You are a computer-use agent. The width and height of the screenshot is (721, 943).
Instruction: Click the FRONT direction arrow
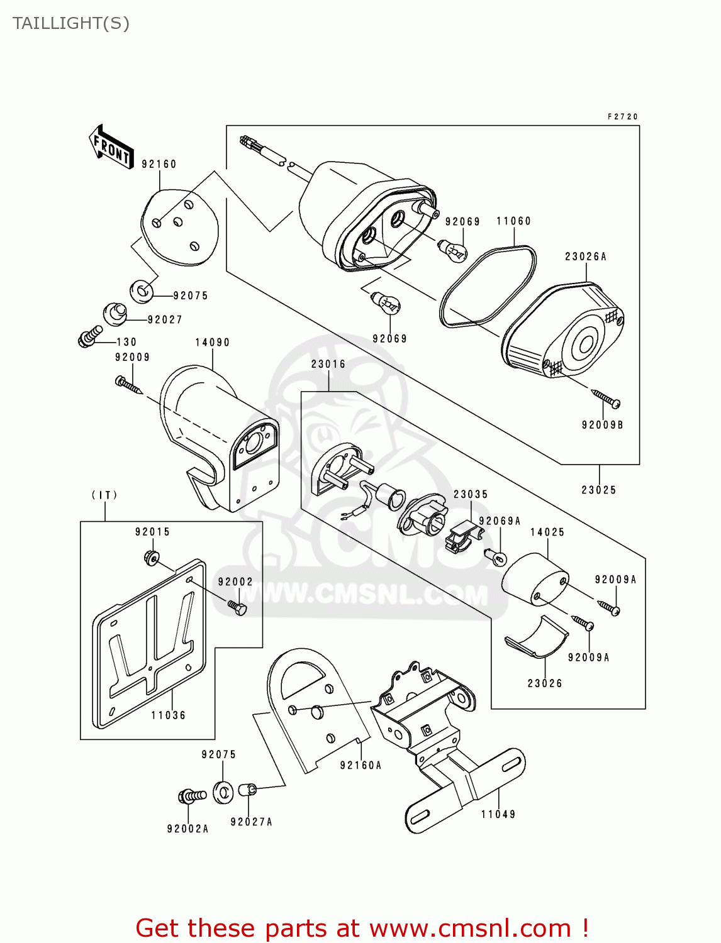[x=112, y=146]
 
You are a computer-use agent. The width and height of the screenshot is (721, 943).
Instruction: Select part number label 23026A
[x=585, y=256]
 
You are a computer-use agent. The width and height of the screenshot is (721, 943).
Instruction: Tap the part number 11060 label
[x=513, y=221]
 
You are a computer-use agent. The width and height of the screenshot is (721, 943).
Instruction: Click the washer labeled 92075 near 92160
[x=142, y=290]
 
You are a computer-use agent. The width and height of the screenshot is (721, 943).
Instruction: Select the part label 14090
[x=212, y=343]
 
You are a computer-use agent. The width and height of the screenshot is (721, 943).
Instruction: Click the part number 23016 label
[x=328, y=365]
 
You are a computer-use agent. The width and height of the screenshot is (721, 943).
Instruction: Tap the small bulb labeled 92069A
[x=496, y=556]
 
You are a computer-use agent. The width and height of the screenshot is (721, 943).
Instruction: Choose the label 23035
[x=471, y=495]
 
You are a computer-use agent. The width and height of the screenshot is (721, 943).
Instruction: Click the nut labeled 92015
[x=152, y=557]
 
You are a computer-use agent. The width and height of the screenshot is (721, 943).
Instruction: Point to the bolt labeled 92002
[x=237, y=607]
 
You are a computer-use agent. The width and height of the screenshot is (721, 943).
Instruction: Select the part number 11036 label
[x=169, y=715]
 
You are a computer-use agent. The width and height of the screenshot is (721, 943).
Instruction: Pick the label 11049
[x=498, y=815]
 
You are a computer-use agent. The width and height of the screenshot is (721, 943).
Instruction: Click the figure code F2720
[x=623, y=117]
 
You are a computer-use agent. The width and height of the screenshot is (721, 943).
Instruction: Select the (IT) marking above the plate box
[x=104, y=495]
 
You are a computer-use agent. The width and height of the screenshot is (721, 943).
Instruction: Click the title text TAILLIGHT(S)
[x=70, y=23]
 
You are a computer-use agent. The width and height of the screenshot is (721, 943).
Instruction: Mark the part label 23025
[x=598, y=490]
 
